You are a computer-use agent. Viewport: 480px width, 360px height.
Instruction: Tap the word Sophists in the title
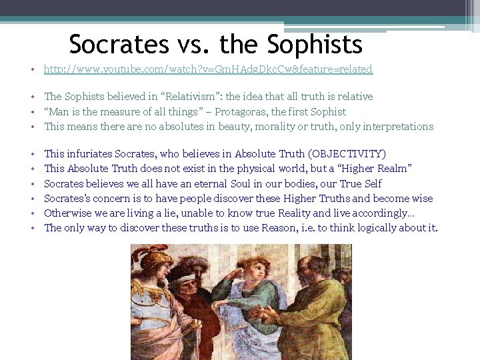[x=315, y=45]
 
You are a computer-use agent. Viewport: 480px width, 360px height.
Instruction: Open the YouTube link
[x=208, y=69]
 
